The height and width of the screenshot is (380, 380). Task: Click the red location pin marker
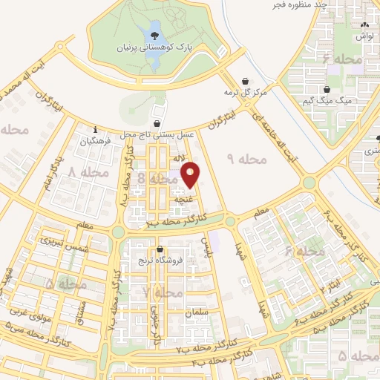point(191,174)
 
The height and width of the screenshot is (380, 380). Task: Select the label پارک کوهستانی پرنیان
point(152,48)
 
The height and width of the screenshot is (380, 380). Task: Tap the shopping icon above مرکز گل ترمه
point(245,82)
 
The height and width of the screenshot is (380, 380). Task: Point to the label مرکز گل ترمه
point(245,94)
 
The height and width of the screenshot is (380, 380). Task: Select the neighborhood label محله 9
point(240,159)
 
